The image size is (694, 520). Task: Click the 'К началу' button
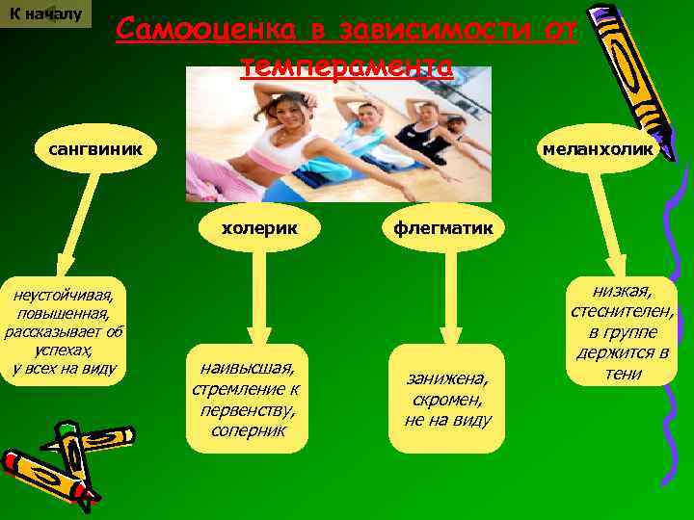click(x=45, y=14)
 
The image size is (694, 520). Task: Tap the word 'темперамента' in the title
click(x=346, y=65)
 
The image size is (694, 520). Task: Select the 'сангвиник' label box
click(x=89, y=149)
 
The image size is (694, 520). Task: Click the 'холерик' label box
click(x=258, y=228)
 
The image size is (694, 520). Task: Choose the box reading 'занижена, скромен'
click(x=448, y=398)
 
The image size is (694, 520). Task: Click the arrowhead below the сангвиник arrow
click(x=64, y=263)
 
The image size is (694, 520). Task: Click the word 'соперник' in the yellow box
click(x=247, y=430)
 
